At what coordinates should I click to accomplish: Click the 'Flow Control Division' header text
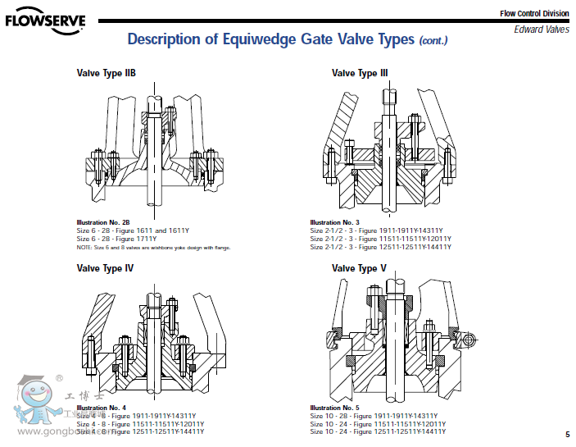click(533, 13)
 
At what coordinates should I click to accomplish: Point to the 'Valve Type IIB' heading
click(106, 73)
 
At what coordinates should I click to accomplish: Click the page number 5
click(567, 434)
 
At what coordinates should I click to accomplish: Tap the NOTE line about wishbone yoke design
click(153, 247)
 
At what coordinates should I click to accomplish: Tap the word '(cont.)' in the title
click(433, 41)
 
